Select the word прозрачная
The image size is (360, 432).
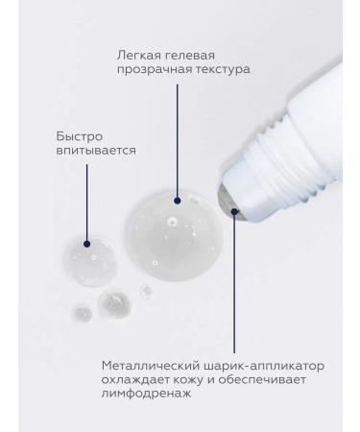click(142, 70)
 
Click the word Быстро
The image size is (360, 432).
click(75, 135)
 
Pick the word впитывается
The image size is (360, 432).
click(93, 150)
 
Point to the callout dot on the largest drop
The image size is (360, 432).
click(178, 201)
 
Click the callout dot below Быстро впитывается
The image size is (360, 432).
click(87, 243)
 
